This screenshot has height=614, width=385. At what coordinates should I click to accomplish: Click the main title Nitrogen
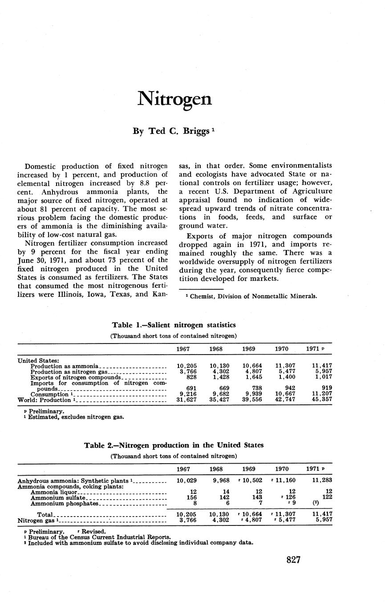174,99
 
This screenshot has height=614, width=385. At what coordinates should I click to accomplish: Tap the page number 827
294,560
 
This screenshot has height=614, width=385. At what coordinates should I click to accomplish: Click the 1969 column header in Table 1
248,349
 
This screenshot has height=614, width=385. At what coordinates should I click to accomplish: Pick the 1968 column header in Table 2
216,469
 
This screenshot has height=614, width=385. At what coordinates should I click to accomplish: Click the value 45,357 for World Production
322,400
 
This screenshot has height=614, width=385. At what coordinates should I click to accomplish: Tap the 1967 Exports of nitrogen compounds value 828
188,377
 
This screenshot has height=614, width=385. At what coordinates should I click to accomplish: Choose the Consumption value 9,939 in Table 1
252,394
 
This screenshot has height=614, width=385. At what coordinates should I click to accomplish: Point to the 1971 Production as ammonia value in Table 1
322,366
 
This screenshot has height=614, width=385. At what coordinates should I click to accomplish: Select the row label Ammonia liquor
54,492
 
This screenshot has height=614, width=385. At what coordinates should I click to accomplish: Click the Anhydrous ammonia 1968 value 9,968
220,481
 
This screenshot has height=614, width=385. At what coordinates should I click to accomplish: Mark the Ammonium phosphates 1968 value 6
227,503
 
